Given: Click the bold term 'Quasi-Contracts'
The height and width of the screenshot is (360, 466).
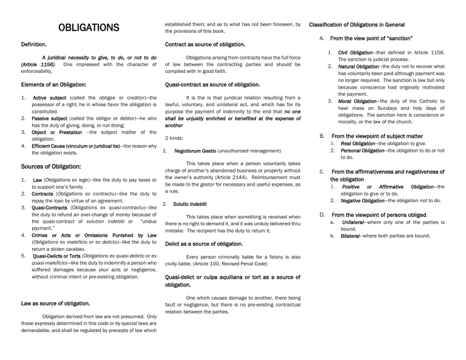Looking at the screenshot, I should [52, 208].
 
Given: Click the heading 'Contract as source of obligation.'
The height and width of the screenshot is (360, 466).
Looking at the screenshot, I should [205, 44].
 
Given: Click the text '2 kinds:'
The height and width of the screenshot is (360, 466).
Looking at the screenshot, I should [175, 138].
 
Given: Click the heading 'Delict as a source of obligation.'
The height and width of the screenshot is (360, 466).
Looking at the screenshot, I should [204, 243].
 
